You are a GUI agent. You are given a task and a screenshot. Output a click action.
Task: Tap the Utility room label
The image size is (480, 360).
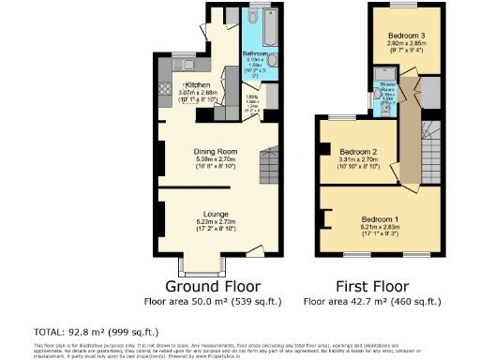coord(253,97)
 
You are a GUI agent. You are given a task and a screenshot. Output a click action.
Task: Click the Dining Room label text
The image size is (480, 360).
coord(215,151)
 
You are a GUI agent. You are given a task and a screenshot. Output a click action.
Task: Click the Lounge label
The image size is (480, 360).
coord(215,215)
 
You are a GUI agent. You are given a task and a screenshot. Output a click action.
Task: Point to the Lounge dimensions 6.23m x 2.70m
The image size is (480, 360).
coord(215,223)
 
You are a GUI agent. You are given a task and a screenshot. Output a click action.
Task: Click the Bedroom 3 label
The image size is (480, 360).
coord(408,36)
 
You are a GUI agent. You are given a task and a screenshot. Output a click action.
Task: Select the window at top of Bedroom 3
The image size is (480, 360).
coord(409,7)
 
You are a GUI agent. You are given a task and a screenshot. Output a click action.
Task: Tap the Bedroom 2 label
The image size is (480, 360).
coord(358,152)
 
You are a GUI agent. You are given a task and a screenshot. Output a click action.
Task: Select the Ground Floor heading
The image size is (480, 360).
coord(214,285)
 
